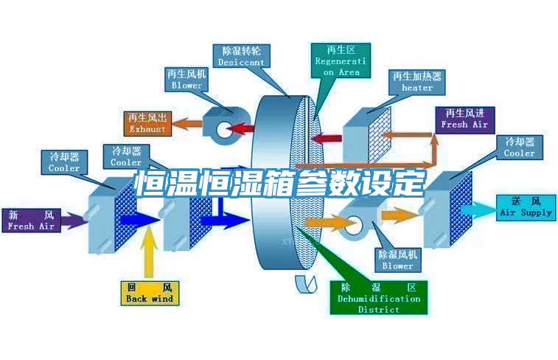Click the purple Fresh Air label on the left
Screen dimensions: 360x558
31,221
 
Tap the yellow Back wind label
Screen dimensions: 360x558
150,293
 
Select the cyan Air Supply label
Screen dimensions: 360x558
526,207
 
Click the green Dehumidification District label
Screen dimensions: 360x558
379,297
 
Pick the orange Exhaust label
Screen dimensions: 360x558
147,123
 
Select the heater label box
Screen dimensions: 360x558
417,81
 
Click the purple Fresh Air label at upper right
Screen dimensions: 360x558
464,119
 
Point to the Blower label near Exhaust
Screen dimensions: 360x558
186,80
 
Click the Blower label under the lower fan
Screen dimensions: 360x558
397,259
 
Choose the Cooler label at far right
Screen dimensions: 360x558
519,147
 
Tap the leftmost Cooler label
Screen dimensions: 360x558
64,162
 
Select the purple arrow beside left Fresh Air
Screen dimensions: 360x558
72,219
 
